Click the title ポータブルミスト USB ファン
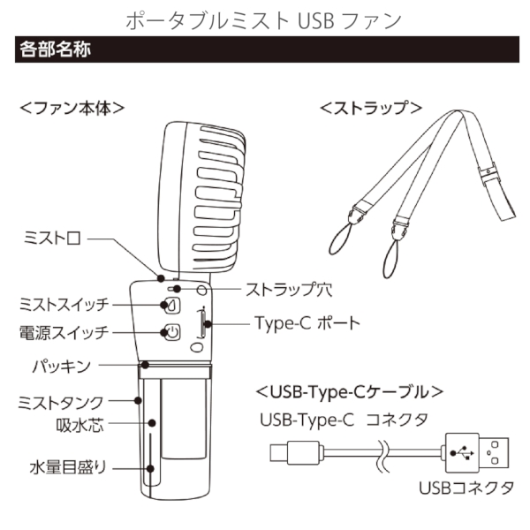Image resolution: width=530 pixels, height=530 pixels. [x=265, y=19]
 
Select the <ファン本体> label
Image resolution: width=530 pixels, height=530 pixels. [x=72, y=108]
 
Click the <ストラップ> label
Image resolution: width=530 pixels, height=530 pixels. [x=369, y=108]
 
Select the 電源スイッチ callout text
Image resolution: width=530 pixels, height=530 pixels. [x=64, y=334]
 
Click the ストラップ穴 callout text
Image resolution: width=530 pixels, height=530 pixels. [x=287, y=289]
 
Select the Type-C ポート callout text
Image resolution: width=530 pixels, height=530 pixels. [x=307, y=323]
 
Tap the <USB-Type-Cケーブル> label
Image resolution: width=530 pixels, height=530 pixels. [x=349, y=390]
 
